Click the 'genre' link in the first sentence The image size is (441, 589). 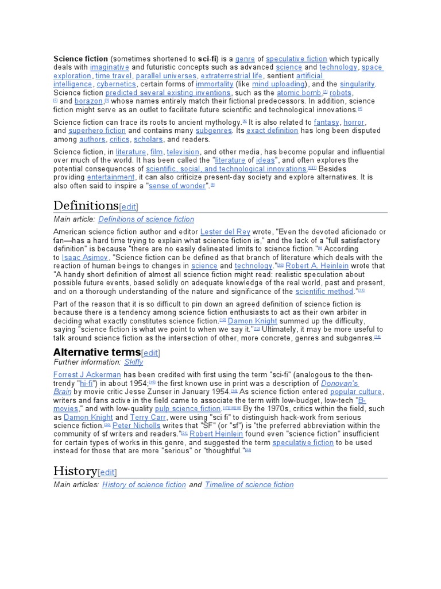(x=245, y=59)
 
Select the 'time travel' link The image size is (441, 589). (x=114, y=75)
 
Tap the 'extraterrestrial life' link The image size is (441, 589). (x=231, y=75)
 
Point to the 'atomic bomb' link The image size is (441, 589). (x=299, y=93)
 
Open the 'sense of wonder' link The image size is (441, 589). (x=177, y=186)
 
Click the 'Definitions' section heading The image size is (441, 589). (x=86, y=205)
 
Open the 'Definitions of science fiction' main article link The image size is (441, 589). (x=146, y=219)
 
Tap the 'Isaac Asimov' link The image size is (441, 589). (x=84, y=257)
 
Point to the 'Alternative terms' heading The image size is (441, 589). (x=96, y=352)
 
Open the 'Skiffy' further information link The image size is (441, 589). (x=134, y=362)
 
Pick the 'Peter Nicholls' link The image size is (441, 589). (x=137, y=426)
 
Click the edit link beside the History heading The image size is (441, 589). (x=107, y=472)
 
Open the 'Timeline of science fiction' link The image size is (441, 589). (x=249, y=485)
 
